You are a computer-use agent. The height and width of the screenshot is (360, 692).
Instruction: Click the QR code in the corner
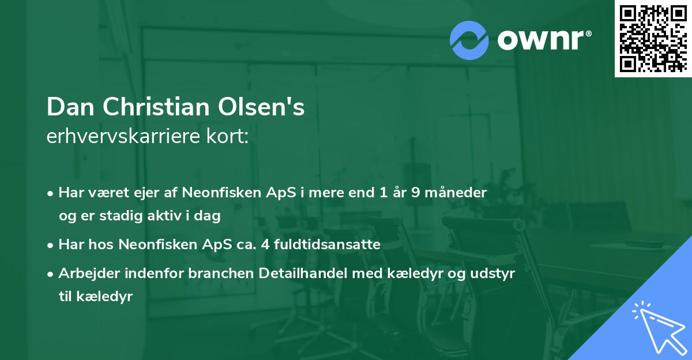point(653,38)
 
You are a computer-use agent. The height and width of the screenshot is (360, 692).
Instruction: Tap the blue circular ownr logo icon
point(469,40)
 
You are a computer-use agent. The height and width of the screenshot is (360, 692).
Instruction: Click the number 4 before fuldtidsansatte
point(261,245)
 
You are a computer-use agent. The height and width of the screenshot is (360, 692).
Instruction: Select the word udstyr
point(495,274)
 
